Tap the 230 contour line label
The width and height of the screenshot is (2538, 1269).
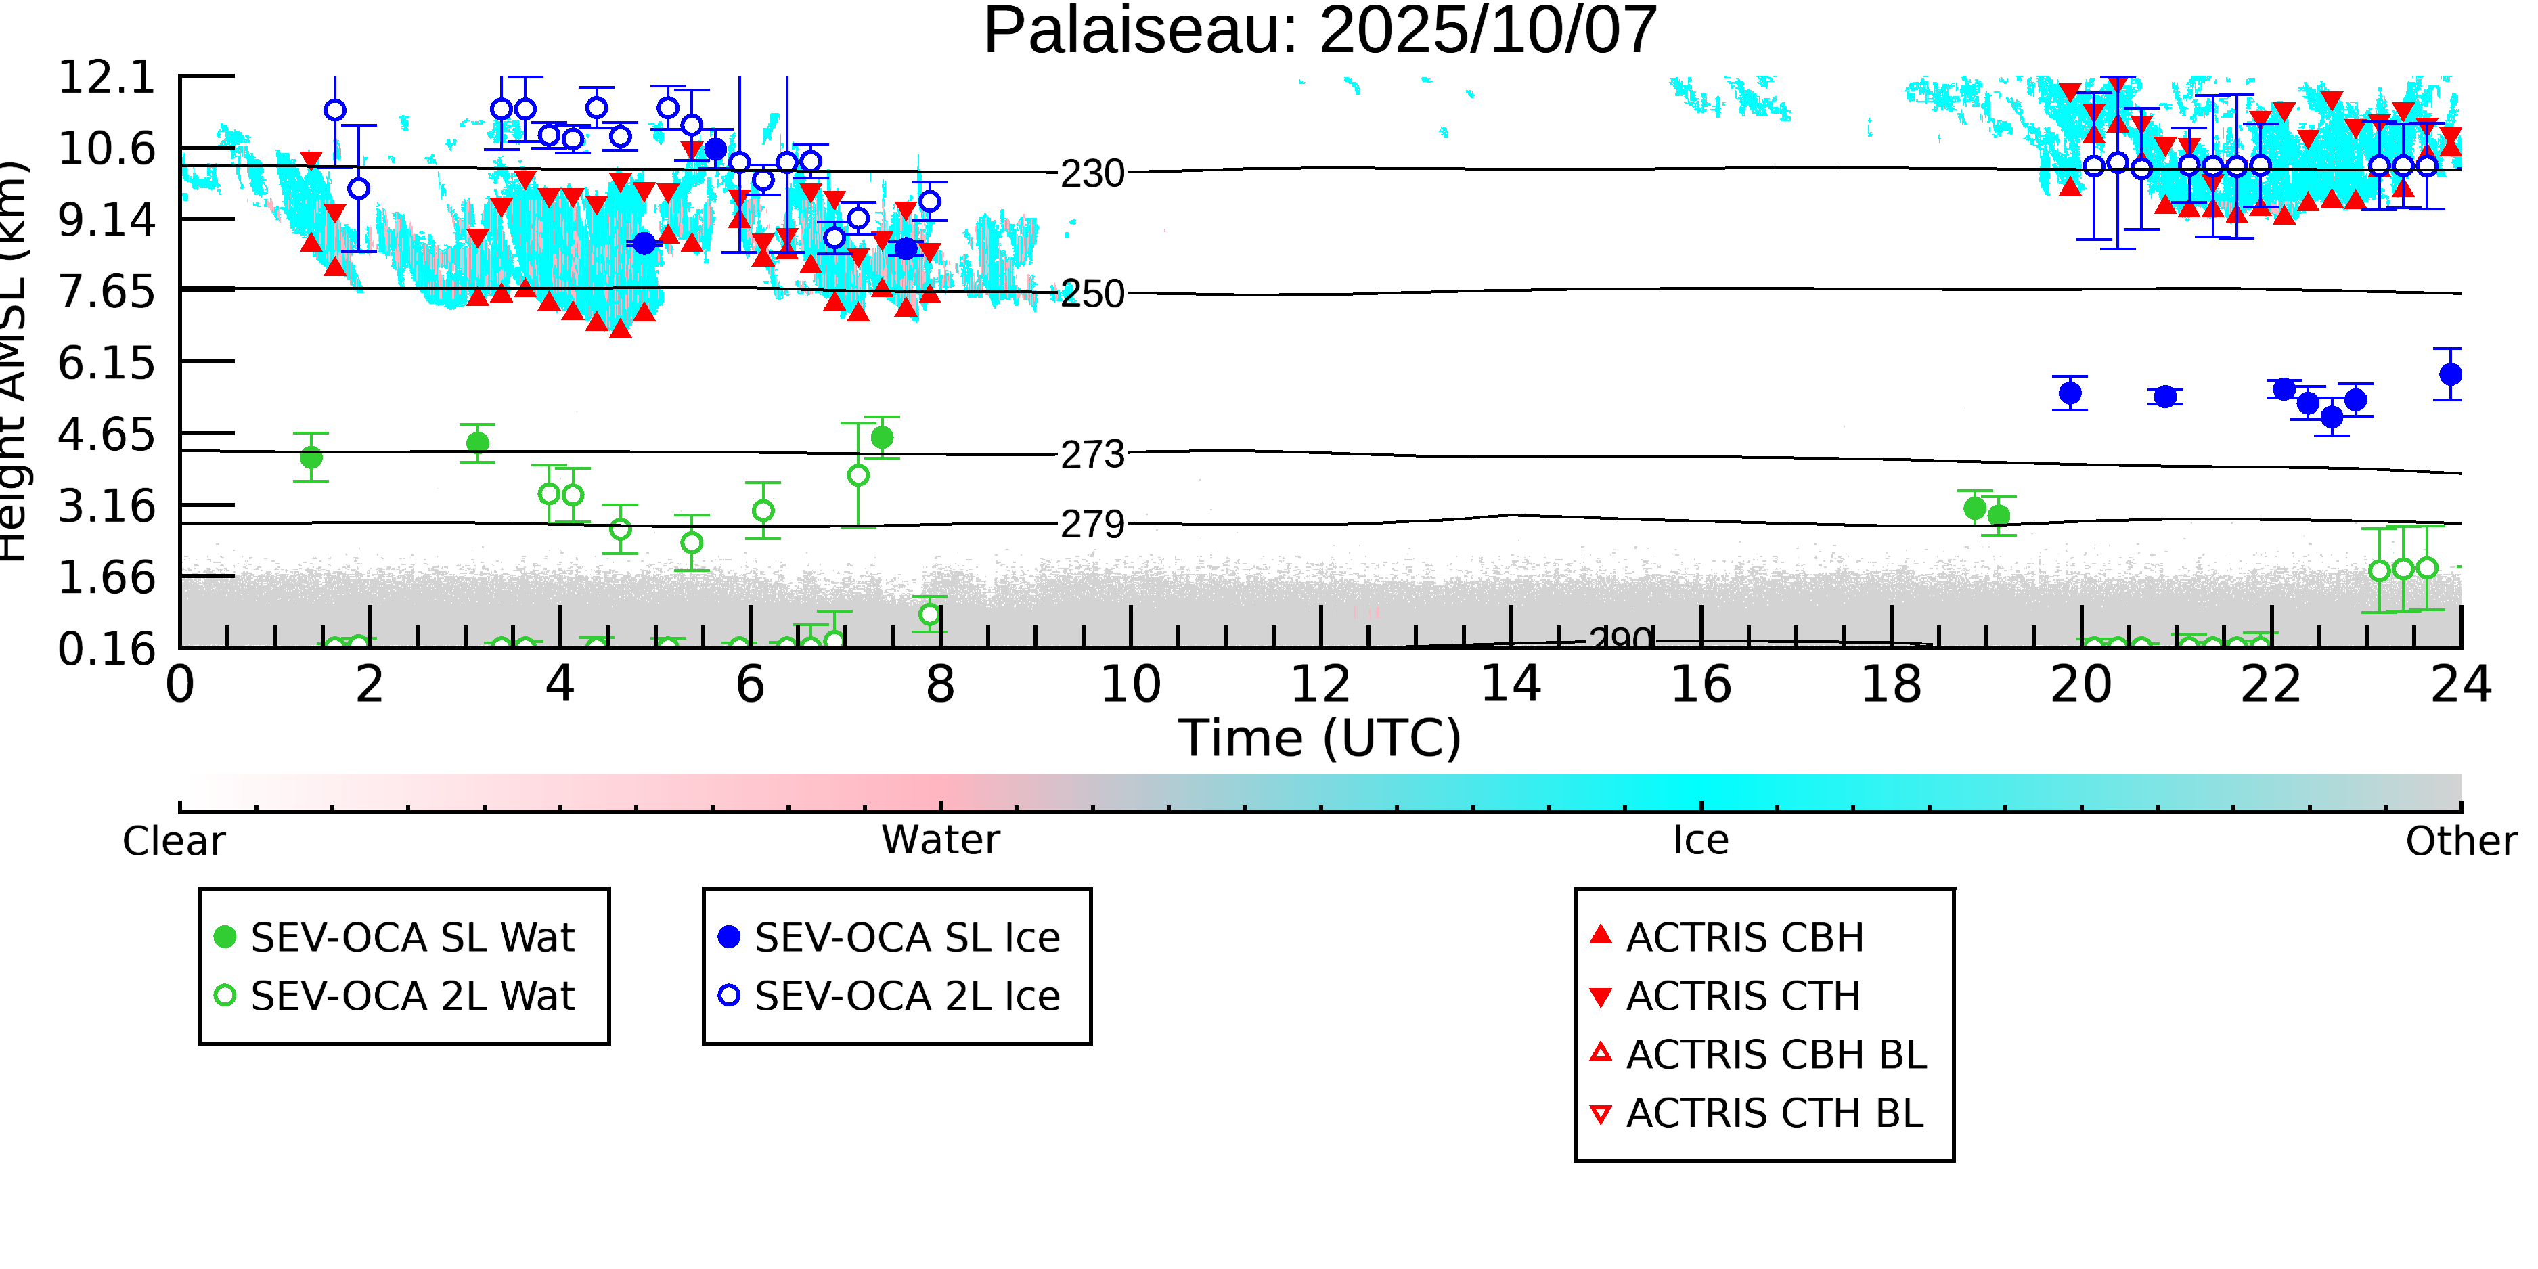click(x=1092, y=175)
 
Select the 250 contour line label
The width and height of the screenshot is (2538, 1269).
click(x=1092, y=294)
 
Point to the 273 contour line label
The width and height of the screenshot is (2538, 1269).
click(x=1092, y=455)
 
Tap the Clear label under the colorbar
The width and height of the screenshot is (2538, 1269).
click(x=173, y=841)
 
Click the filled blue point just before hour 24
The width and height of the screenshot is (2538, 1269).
click(x=2450, y=374)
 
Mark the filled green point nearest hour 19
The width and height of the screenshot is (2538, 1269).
click(x=1974, y=508)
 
